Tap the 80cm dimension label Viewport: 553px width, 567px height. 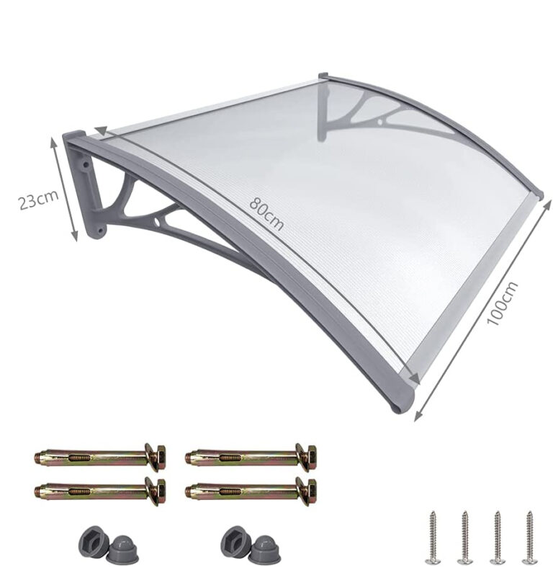[266, 213]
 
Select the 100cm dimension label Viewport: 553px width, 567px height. [502, 303]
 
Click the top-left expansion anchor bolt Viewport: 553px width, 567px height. [100, 457]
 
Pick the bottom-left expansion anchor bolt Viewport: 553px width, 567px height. [100, 491]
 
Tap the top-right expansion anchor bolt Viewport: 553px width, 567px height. [251, 457]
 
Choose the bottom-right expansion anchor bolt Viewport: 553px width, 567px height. [251, 491]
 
